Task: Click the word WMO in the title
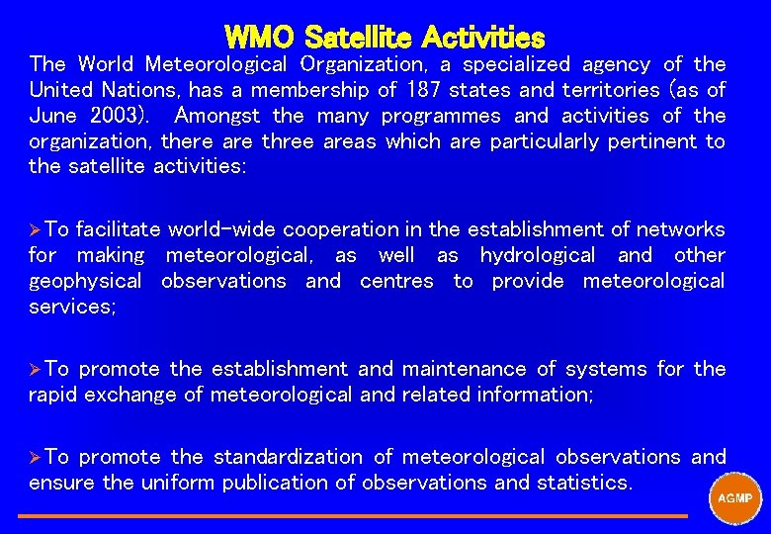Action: coord(260,38)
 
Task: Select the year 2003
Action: coord(115,116)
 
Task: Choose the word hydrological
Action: coord(538,255)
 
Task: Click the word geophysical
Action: coord(87,281)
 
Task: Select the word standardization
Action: coord(289,457)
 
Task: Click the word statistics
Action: coord(583,483)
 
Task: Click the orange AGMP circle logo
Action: coord(734,497)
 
